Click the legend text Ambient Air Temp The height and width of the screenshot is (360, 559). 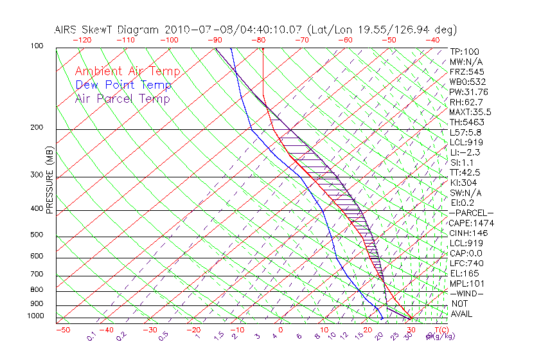127,71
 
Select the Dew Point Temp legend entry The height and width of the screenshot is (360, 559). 123,85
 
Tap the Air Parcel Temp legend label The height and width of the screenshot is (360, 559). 123,98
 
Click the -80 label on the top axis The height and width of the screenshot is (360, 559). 259,39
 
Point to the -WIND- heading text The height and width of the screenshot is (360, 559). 466,293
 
